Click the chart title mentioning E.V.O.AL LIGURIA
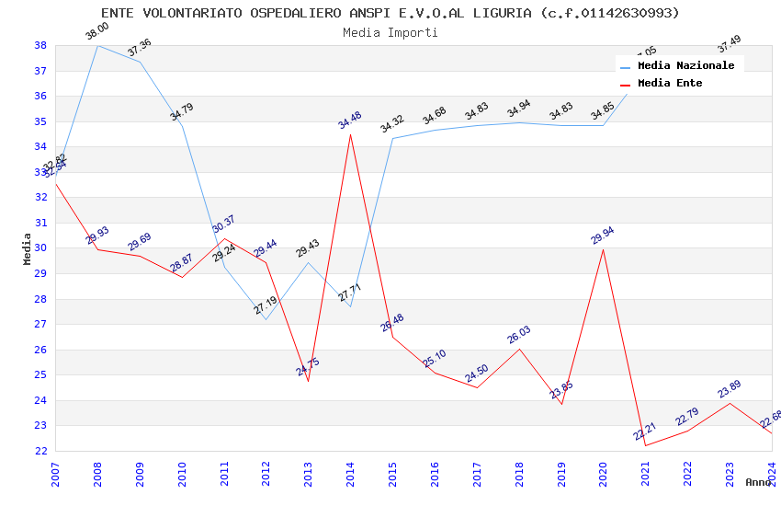tap(390, 13)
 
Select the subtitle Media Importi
tap(390, 32)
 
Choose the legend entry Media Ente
tap(670, 84)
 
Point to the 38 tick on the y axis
tap(40, 46)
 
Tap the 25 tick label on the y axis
tap(40, 375)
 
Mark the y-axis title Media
tap(28, 248)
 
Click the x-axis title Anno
tap(758, 482)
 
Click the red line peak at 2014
tap(350, 135)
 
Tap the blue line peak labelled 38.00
tap(97, 45)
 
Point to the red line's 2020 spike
tap(603, 249)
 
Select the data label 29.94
tap(603, 236)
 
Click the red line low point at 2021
tap(645, 445)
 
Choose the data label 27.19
tap(266, 305)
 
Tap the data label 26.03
tap(519, 335)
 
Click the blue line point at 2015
tap(392, 139)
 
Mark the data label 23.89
tap(730, 389)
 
